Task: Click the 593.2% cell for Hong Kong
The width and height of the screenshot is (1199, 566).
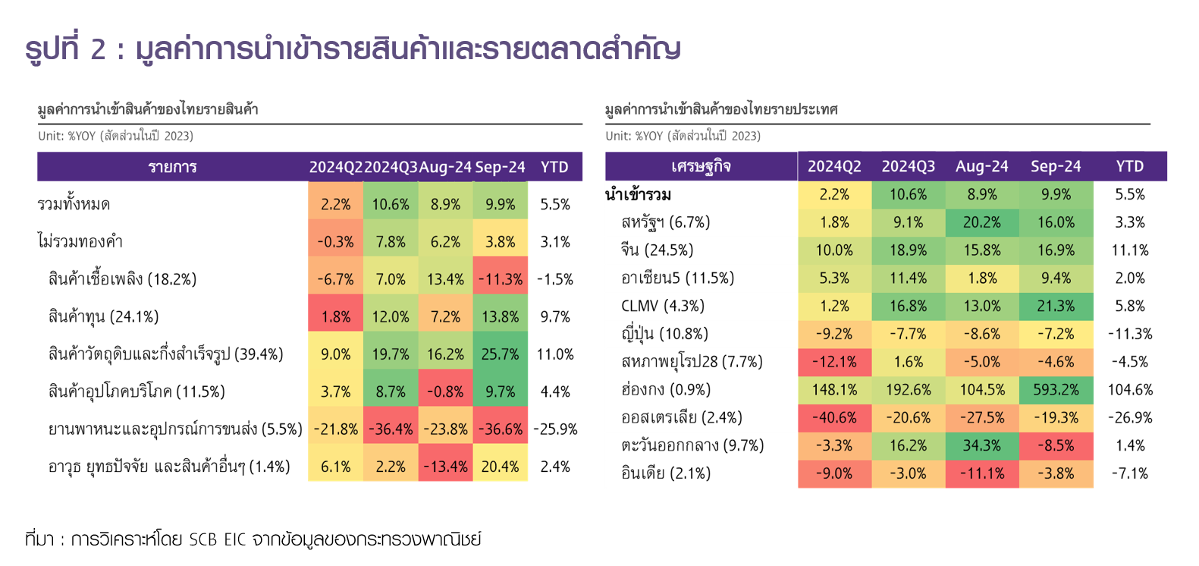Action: (1056, 390)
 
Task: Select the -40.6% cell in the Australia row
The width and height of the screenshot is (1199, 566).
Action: (834, 418)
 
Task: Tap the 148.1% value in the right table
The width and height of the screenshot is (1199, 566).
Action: (834, 390)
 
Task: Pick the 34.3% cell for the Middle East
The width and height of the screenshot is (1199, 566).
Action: (982, 446)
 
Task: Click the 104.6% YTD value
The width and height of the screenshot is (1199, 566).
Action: (1130, 390)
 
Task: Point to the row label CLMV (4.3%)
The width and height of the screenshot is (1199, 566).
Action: (662, 307)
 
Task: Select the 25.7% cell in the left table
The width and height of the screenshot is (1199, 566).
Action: (501, 354)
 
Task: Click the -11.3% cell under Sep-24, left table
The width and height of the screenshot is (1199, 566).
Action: (501, 279)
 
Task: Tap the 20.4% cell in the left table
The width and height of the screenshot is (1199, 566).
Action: (501, 467)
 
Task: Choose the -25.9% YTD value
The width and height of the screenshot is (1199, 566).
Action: (555, 429)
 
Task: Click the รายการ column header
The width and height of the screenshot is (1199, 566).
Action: (172, 167)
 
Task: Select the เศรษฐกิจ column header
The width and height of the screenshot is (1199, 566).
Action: (701, 166)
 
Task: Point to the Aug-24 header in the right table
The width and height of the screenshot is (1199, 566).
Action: (982, 166)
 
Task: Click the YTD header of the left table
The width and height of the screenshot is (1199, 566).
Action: (554, 167)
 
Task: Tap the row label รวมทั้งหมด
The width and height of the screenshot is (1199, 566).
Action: (74, 205)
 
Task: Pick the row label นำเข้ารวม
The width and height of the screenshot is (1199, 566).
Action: (638, 195)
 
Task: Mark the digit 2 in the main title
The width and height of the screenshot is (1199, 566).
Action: (98, 49)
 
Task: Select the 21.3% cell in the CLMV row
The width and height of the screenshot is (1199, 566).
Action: (1056, 307)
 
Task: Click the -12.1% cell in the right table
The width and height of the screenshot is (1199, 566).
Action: (834, 362)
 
